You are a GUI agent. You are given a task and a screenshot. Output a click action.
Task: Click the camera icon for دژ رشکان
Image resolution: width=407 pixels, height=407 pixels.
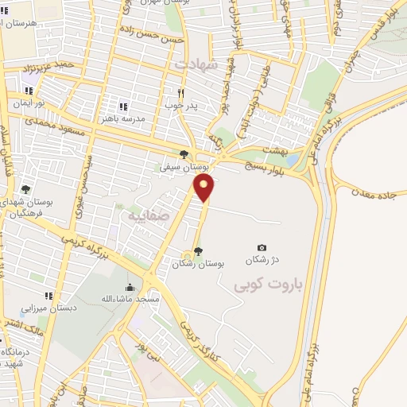[x=262, y=248]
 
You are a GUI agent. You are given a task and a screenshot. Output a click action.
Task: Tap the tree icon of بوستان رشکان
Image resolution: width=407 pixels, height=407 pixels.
[x=198, y=252]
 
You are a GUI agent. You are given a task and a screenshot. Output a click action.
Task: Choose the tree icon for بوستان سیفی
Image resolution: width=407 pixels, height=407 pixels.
[x=184, y=155]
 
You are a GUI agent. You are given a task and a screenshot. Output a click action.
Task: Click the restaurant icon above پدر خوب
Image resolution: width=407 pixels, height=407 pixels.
[x=181, y=93]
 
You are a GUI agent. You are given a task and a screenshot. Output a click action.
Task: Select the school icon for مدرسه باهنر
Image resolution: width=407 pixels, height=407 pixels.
[x=122, y=106]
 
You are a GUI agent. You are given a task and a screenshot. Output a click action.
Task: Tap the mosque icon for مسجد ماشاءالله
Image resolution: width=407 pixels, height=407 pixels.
[x=130, y=287]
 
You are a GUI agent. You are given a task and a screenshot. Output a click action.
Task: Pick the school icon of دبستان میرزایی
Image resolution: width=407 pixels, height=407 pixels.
[x=48, y=296]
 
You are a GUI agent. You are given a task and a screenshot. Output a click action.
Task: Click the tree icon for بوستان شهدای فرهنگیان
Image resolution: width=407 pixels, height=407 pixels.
[x=26, y=189]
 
